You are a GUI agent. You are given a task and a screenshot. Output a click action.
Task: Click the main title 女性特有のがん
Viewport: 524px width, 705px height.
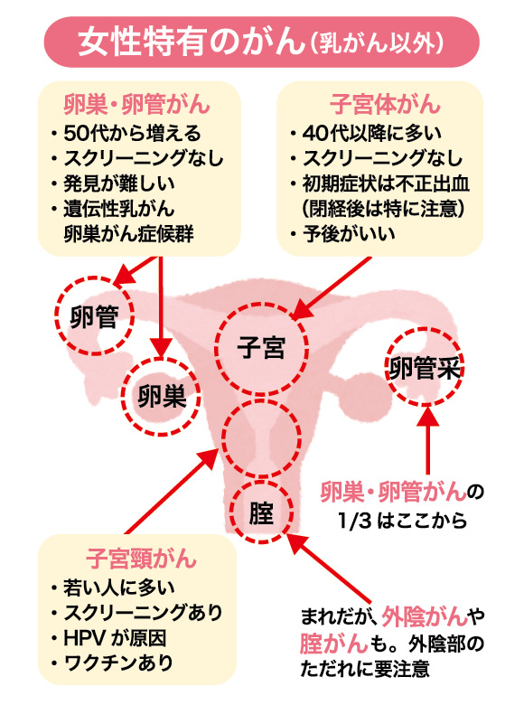[192, 42]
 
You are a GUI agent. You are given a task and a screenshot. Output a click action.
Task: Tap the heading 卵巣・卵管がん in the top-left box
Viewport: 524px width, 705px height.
[136, 104]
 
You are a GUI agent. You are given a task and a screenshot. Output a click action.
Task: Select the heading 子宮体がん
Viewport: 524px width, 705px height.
[385, 104]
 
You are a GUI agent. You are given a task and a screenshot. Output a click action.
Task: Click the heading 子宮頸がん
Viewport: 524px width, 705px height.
[141, 559]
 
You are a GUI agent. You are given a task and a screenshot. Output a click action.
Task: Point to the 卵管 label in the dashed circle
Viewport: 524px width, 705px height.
[94, 317]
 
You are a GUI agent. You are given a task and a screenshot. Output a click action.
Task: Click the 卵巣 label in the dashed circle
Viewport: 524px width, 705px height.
[162, 396]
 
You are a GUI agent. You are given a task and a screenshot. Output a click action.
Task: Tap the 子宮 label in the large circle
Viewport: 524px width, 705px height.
[261, 348]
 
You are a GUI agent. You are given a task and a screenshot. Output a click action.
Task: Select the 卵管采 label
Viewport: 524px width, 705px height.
[425, 368]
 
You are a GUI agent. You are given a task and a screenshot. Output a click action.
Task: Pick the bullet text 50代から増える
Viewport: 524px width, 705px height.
[132, 133]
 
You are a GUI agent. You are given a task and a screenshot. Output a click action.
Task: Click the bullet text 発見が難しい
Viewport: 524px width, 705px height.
[119, 183]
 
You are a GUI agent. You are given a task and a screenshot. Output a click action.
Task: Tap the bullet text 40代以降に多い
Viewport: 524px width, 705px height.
[372, 133]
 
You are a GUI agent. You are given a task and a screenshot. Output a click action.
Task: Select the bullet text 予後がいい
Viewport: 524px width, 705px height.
[349, 234]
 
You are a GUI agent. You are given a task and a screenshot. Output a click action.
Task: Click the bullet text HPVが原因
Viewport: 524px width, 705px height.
[115, 638]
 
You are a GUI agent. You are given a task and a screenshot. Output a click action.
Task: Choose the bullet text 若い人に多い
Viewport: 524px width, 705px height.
[118, 588]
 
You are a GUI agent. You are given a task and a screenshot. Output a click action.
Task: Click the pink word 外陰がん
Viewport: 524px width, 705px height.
[425, 616]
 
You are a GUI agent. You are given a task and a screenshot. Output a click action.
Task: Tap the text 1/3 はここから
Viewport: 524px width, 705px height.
[403, 521]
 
